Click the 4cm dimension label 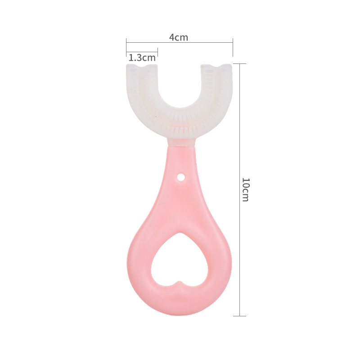point(179,37)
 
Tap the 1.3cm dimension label point(142,58)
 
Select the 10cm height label point(245,189)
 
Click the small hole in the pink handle point(181,178)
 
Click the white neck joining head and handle point(179,142)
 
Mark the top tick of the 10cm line point(239,63)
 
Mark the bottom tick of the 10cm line point(239,316)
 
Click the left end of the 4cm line point(126,42)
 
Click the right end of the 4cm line point(233,42)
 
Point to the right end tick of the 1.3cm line point(157,50)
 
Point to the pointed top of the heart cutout point(180,234)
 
